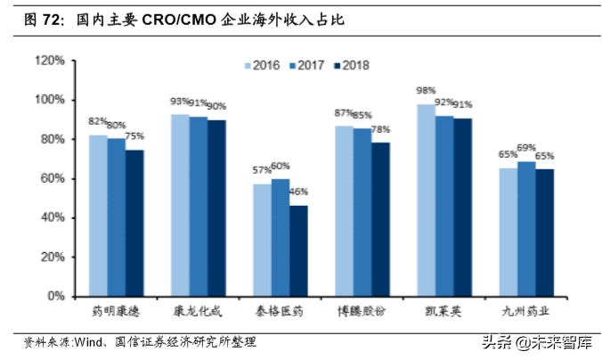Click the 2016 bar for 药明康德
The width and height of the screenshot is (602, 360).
(x=98, y=215)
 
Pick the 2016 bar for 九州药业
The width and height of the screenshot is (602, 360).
(x=508, y=232)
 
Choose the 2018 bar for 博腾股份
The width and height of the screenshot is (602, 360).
(x=380, y=219)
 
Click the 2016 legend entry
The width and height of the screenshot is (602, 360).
(x=262, y=65)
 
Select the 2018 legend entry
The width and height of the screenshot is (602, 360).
(x=349, y=65)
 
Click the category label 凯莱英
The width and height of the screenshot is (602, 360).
(x=444, y=313)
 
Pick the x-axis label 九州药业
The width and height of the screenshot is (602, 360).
(x=526, y=313)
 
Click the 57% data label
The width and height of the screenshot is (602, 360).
(x=262, y=170)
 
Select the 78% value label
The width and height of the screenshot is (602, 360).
(x=381, y=129)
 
